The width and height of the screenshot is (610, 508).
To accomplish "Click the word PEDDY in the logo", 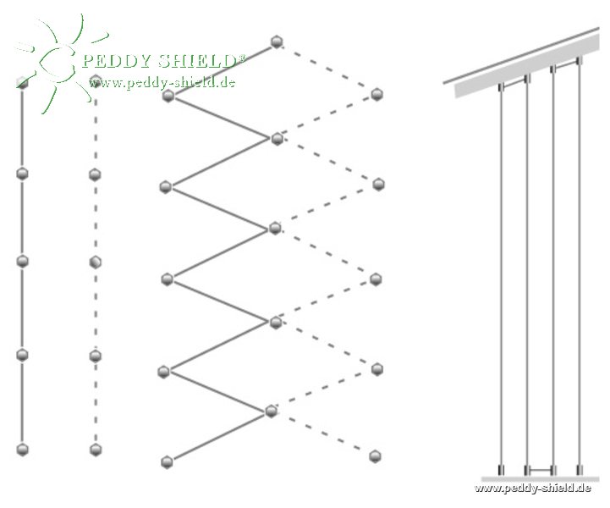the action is click(116, 61).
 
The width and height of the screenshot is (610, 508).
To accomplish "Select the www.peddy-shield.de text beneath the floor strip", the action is click(532, 488).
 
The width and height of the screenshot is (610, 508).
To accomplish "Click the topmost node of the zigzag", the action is click(276, 41).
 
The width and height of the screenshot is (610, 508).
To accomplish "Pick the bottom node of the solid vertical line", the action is click(23, 450).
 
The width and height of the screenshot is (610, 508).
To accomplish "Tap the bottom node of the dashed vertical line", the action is click(96, 450).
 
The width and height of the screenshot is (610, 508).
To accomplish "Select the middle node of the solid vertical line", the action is click(23, 262).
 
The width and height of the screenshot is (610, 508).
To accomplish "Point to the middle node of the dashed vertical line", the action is click(96, 262).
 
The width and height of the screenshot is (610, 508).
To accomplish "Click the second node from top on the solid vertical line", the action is click(23, 174).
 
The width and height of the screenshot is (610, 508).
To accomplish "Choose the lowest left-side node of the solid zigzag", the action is click(167, 462).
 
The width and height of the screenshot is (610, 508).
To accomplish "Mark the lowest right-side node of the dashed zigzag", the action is click(375, 456).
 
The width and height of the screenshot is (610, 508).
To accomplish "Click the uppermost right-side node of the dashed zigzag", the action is click(376, 94).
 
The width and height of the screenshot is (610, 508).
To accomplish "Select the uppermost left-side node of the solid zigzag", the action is click(168, 96).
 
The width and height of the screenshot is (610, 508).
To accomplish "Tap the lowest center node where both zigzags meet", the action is click(271, 411).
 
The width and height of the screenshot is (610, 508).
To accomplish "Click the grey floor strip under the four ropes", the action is click(540, 479).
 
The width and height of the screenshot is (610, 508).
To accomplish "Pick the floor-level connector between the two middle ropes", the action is click(540, 470).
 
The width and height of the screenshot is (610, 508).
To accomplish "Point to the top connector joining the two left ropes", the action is click(514, 82).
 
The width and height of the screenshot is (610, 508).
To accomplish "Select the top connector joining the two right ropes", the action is click(566, 65).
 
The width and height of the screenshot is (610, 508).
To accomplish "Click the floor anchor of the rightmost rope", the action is click(580, 470).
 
